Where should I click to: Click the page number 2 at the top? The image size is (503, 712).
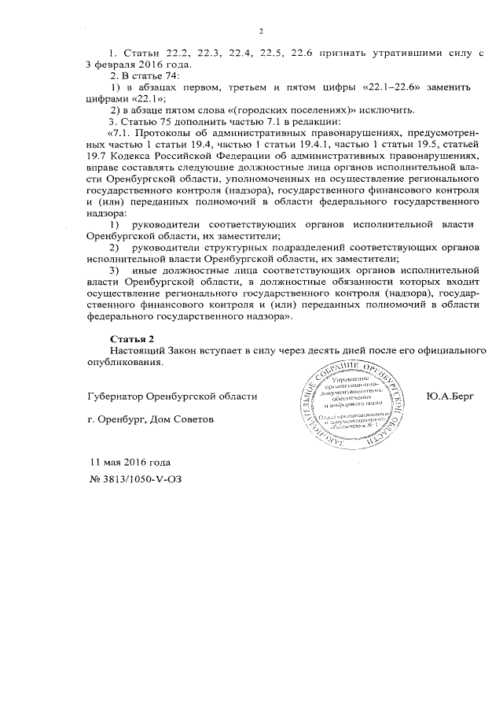click(259, 31)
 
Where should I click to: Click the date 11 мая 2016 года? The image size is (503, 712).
click(130, 462)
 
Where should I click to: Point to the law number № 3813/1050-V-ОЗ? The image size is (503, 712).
click(139, 478)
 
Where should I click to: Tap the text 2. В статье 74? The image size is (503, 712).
click(145, 76)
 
